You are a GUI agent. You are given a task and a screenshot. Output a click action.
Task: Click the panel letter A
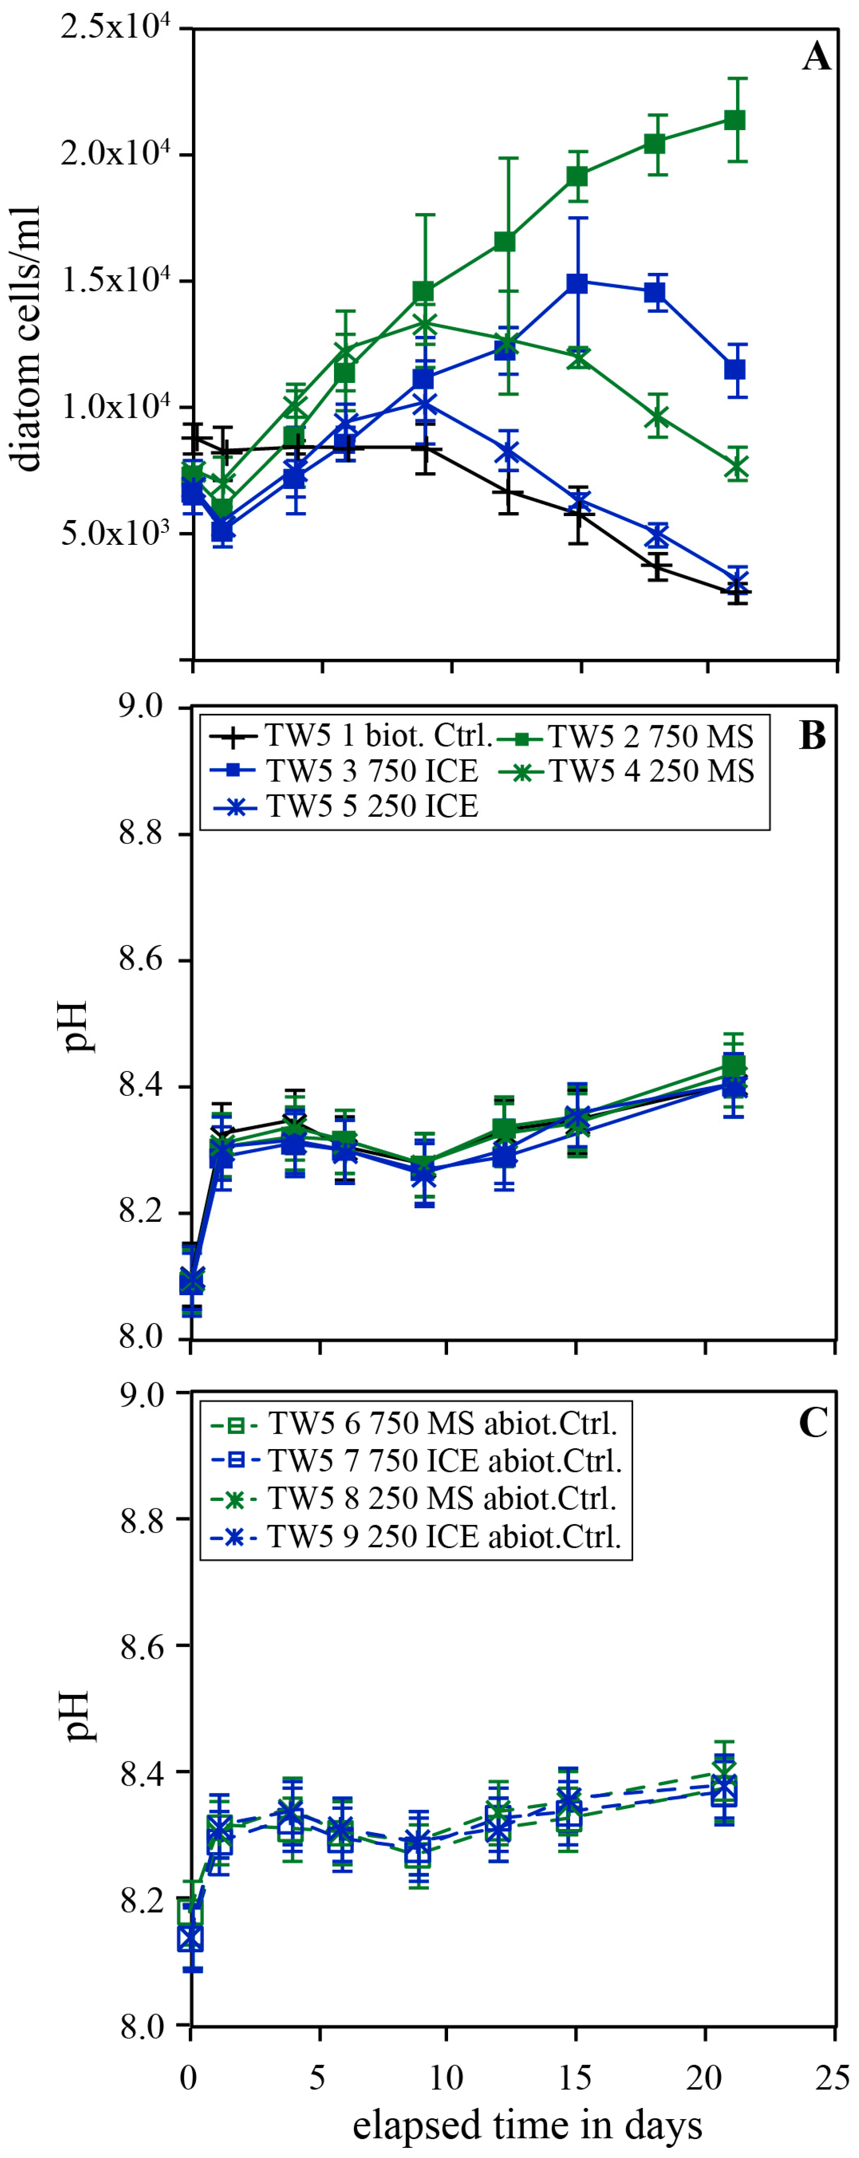click(815, 58)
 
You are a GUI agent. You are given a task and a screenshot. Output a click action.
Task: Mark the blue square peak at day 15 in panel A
click(577, 283)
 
